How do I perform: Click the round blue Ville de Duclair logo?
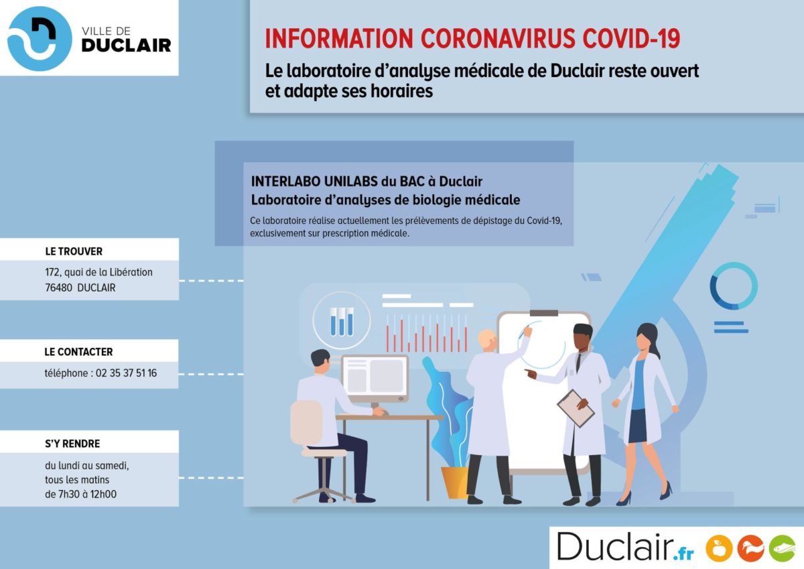click(40, 38)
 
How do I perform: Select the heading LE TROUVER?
click(74, 251)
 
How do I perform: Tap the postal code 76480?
click(58, 288)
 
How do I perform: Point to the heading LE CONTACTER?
click(78, 352)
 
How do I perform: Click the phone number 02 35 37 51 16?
click(127, 373)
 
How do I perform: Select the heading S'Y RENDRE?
click(72, 444)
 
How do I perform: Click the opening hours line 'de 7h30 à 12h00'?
click(81, 495)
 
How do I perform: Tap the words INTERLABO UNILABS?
click(314, 182)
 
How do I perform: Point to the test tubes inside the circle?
click(341, 321)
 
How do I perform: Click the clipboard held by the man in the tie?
click(576, 409)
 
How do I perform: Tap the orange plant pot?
click(455, 482)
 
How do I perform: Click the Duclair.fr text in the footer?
click(625, 547)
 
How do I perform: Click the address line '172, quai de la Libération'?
click(98, 273)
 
